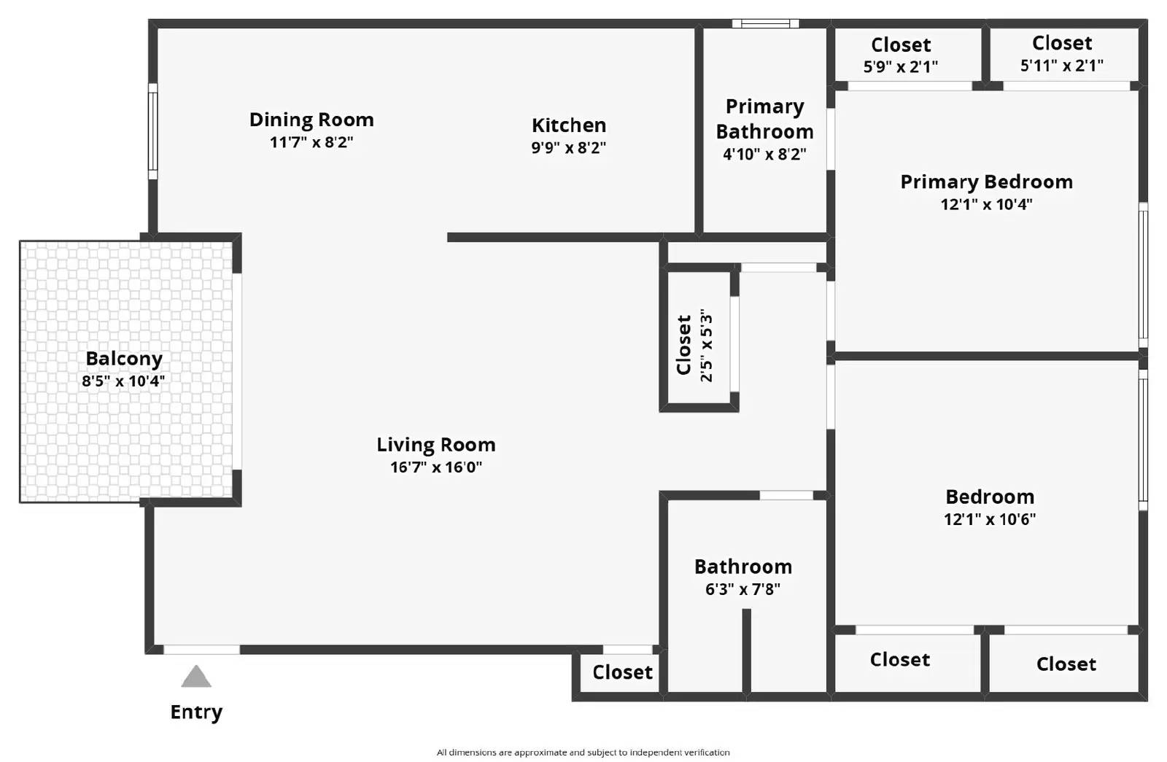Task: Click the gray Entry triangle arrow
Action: [196, 677]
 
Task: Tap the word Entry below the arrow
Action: [196, 712]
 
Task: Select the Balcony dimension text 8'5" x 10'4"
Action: [123, 381]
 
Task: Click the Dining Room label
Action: [311, 120]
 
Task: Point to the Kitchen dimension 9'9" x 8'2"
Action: [568, 147]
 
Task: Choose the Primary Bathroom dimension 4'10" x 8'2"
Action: [764, 155]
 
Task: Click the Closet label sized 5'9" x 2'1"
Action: [901, 45]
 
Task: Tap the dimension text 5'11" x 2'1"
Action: [1061, 66]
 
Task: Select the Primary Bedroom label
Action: [986, 182]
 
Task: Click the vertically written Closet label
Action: [684, 345]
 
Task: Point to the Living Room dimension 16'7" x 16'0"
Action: [436, 467]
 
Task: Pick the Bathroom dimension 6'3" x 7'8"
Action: [743, 589]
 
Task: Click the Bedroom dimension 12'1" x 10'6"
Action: [989, 519]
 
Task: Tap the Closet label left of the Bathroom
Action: [622, 672]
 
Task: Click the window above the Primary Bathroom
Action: [765, 24]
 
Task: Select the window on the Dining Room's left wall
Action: [153, 131]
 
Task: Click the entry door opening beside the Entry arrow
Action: [201, 650]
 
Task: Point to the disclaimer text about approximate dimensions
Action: [583, 753]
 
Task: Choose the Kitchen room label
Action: [568, 125]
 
